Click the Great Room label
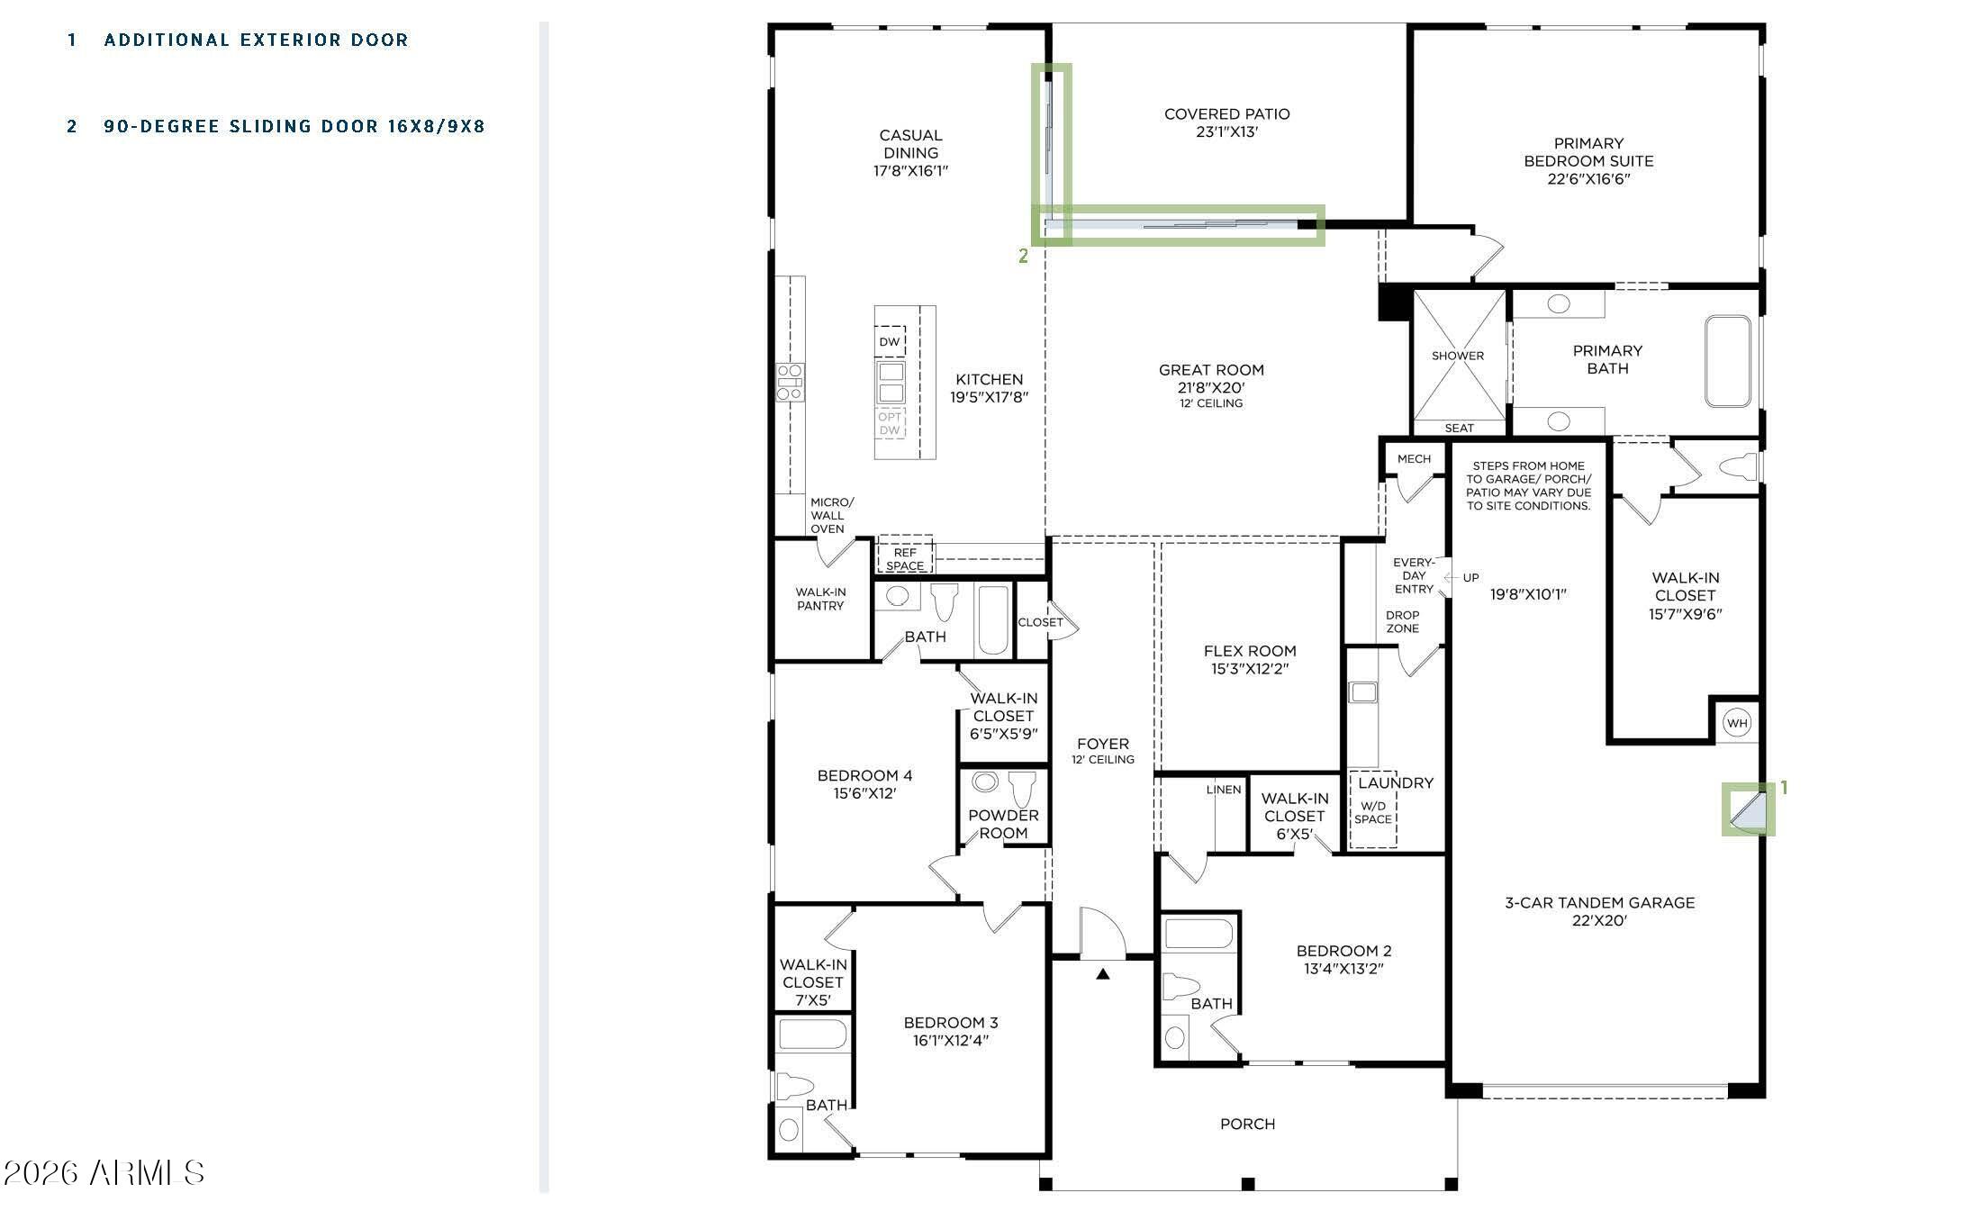click(x=1211, y=370)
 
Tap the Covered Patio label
click(x=1226, y=114)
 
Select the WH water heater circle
click(x=1737, y=723)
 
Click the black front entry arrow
click(x=1102, y=973)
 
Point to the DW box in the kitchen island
click(x=890, y=341)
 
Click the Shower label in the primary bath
click(x=1458, y=356)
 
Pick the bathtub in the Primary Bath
click(x=1728, y=361)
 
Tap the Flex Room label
click(x=1250, y=651)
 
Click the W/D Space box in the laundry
click(x=1373, y=809)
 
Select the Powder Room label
click(x=1003, y=824)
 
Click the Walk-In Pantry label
click(x=820, y=599)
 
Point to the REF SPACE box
click(x=905, y=558)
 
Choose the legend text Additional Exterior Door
click(x=257, y=40)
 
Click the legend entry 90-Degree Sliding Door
click(x=294, y=126)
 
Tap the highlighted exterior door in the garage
click(x=1749, y=809)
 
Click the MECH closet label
click(x=1414, y=459)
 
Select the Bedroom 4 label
click(x=864, y=775)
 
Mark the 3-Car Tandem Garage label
click(x=1600, y=902)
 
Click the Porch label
click(x=1247, y=1124)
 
